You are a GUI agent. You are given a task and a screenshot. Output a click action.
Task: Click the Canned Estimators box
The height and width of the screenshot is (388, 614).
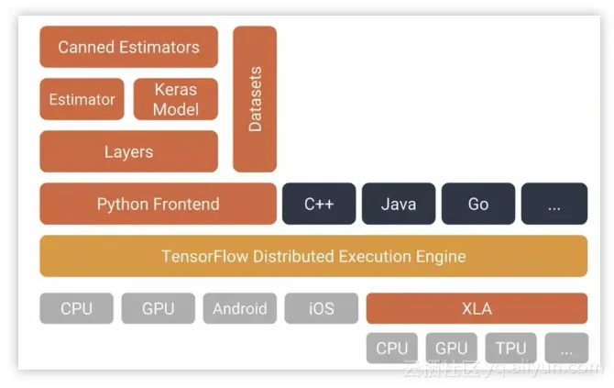128,47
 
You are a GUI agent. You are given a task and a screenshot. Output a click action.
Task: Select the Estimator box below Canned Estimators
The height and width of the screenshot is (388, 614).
82,99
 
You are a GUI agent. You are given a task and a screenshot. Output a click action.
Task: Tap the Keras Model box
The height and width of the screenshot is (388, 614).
176,99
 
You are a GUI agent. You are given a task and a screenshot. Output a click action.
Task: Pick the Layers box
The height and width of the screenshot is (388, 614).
128,151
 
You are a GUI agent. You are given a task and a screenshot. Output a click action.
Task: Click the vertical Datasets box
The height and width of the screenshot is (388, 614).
255,99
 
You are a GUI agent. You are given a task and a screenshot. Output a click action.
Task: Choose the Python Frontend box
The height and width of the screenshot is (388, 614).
158,204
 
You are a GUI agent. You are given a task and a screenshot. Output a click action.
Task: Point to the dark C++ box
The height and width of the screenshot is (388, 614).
318,204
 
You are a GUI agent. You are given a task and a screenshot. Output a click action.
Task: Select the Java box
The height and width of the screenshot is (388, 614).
398,204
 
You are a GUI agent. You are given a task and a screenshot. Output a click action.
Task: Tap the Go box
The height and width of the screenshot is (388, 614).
477,204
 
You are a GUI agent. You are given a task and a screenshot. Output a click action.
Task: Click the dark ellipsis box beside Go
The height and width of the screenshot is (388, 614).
554,204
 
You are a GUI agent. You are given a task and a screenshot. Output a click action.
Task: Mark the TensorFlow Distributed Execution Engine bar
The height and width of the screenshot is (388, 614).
313,256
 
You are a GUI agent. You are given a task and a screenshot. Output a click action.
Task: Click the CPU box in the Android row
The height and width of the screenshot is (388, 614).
76,309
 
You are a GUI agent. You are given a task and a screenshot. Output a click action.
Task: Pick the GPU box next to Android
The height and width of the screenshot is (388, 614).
158,309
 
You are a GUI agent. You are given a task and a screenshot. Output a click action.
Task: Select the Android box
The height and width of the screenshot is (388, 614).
239,309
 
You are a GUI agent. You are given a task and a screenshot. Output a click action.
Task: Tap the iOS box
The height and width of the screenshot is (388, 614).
321,309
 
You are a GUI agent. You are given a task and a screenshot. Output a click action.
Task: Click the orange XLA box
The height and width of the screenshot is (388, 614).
477,309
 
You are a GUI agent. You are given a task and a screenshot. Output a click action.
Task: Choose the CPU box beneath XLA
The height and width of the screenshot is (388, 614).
391,349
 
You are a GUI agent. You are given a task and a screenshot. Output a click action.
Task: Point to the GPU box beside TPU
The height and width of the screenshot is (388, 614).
451,349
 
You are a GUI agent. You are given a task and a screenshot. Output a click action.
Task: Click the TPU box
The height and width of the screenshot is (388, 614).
510,349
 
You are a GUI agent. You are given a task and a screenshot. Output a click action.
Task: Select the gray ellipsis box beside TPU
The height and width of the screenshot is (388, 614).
566,349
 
